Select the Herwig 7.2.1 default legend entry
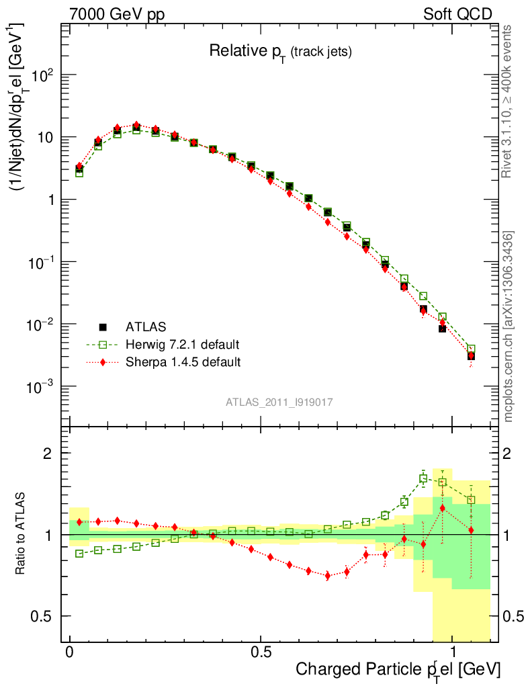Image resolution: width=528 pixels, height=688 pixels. (182, 345)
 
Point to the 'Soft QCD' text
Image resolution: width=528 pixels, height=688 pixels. (457, 14)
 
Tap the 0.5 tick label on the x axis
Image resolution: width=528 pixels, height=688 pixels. (261, 652)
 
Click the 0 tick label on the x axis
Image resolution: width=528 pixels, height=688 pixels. (70, 652)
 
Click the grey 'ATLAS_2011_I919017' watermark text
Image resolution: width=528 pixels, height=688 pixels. (279, 402)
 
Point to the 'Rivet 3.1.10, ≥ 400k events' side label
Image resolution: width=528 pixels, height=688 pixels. (509, 101)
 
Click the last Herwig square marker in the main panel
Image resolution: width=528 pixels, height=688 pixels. (471, 349)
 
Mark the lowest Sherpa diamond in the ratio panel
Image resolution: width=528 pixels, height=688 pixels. (328, 576)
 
